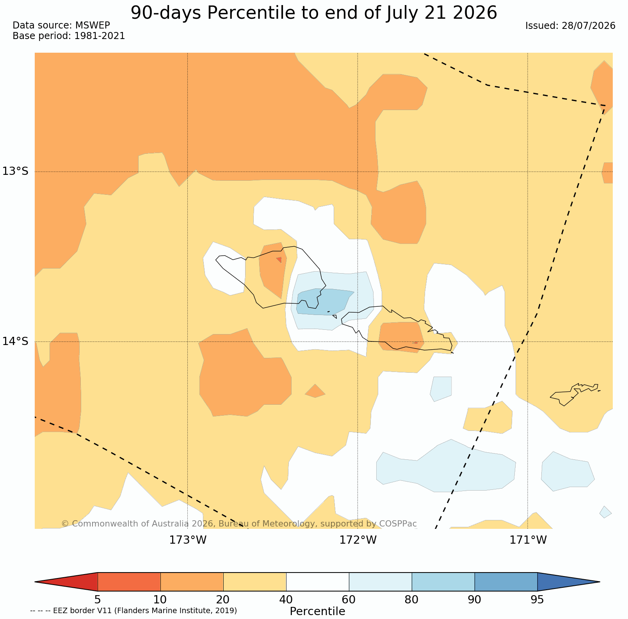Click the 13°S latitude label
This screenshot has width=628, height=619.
coord(15,171)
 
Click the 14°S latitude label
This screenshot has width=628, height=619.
coord(15,342)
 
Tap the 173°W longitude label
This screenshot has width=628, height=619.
coord(188,540)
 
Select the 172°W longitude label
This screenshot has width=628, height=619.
coord(358,540)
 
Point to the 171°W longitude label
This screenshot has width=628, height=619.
coord(528,540)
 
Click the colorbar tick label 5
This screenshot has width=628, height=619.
coord(98,599)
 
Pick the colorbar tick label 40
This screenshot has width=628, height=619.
coord(286,599)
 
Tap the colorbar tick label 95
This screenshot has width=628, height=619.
coord(537,599)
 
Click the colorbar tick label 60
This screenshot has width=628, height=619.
coord(349,599)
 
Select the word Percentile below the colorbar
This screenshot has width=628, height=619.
coord(317,611)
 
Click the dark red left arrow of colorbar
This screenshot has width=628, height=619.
coord(66,582)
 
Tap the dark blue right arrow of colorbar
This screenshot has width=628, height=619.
coord(569,582)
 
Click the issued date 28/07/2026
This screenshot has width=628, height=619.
coord(589,26)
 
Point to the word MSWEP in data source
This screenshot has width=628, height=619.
coord(93,25)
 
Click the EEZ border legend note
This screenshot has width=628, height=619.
coord(133,610)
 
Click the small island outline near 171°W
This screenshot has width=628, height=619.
coord(575,394)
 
